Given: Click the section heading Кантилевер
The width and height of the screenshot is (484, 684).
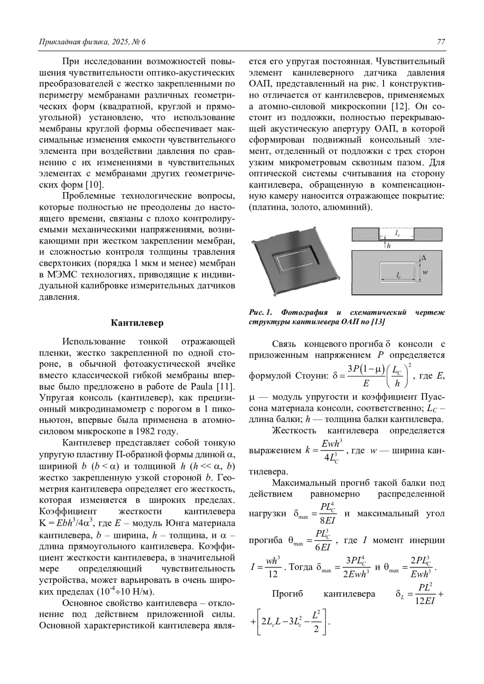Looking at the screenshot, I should click(x=137, y=323).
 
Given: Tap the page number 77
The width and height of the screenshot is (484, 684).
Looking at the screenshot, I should click(x=441, y=42).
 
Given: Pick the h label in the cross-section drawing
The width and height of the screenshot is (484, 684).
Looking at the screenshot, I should click(x=388, y=245).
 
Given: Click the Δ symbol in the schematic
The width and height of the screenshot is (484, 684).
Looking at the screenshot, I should click(x=423, y=257).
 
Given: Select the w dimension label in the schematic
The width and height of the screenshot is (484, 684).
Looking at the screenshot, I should click(x=425, y=272).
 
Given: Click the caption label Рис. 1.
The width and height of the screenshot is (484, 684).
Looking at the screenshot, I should click(x=261, y=313).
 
